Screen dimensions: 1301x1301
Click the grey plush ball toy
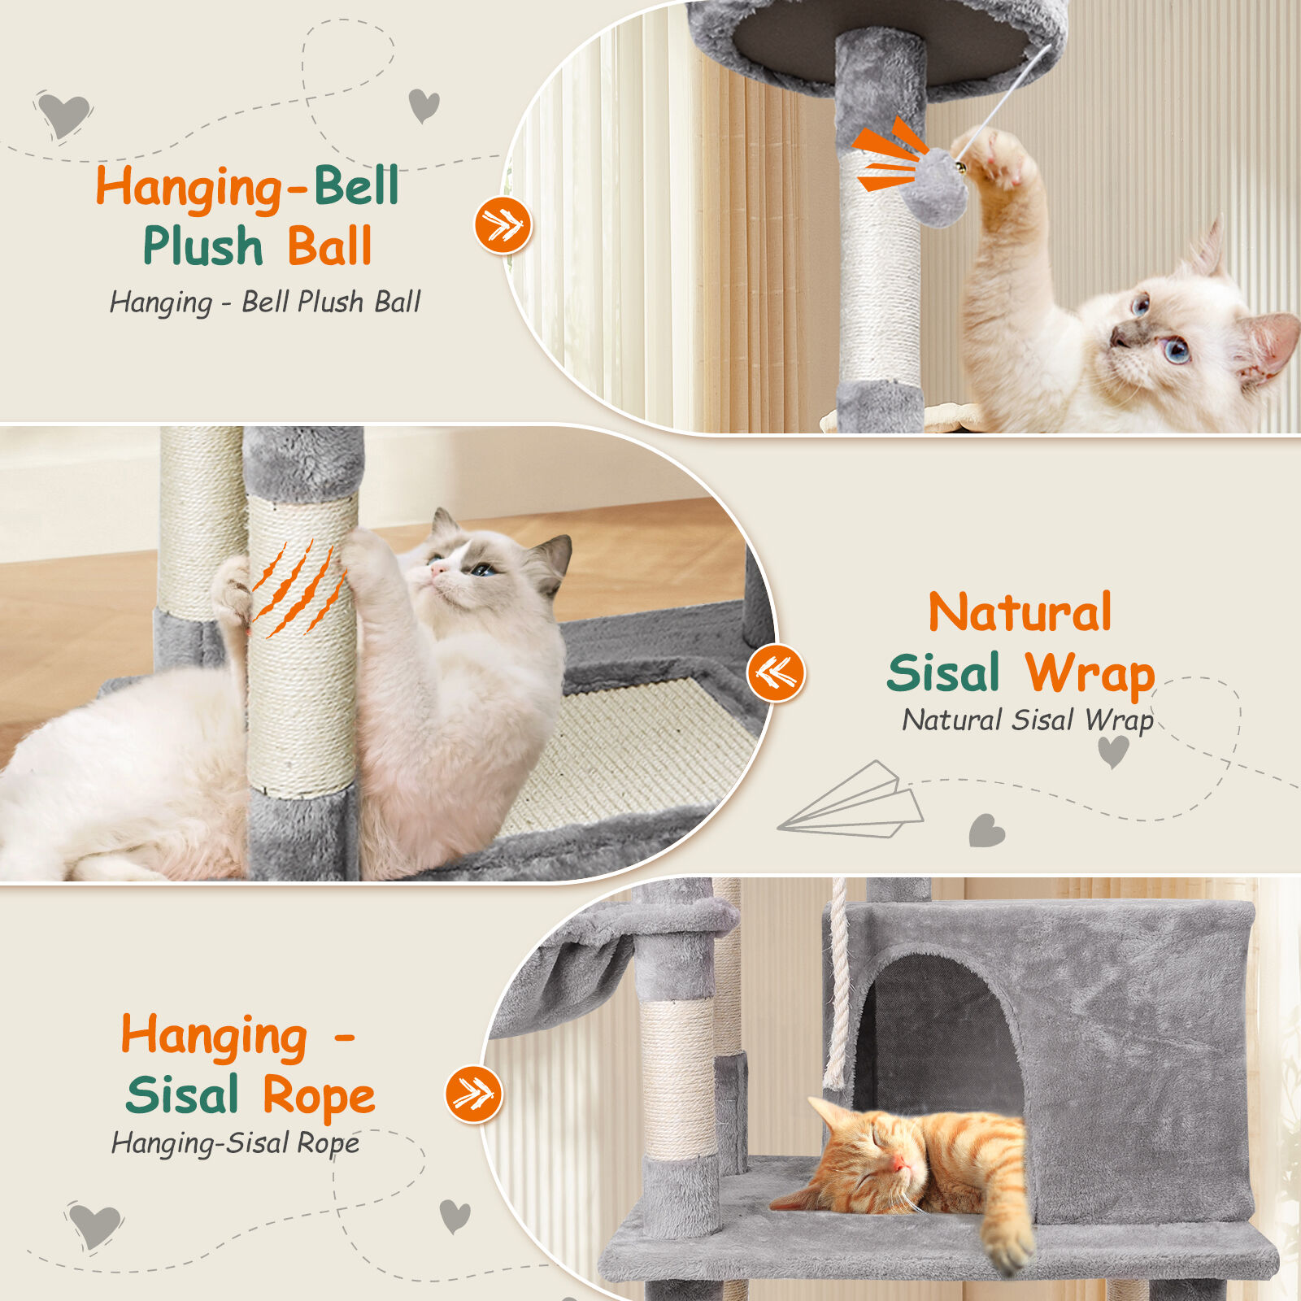[940, 185]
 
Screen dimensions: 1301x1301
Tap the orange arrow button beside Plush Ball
[503, 224]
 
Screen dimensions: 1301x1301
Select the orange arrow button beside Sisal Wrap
[777, 672]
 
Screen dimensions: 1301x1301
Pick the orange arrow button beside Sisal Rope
[475, 1094]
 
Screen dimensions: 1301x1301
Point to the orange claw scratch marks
[299, 588]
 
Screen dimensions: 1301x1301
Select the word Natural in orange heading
[1020, 611]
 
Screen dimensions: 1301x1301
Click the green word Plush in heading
[203, 246]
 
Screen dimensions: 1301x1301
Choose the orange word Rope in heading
[319, 1095]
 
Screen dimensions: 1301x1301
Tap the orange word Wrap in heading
[1090, 674]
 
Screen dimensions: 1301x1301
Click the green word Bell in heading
[357, 186]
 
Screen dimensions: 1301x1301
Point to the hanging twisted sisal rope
[837, 984]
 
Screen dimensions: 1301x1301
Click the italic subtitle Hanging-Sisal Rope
[235, 1143]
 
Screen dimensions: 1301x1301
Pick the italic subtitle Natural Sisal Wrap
[1028, 720]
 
